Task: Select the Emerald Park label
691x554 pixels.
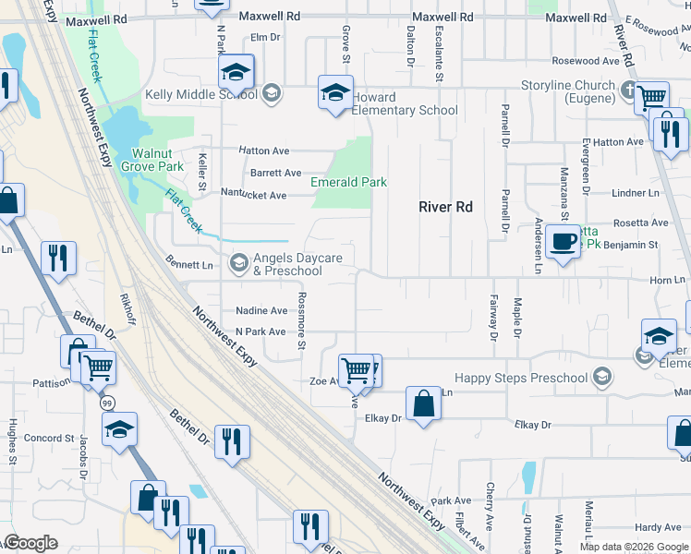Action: (348, 182)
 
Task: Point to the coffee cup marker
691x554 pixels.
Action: (563, 242)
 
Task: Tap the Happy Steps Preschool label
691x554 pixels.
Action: (521, 378)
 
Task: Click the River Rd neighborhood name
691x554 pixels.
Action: (445, 207)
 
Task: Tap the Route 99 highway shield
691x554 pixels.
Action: (107, 403)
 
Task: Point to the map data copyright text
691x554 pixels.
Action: (634, 547)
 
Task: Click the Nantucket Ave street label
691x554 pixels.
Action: (253, 194)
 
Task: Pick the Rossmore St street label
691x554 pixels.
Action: (301, 320)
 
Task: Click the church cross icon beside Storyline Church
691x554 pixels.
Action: (628, 90)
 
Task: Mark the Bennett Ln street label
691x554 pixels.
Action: (189, 265)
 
